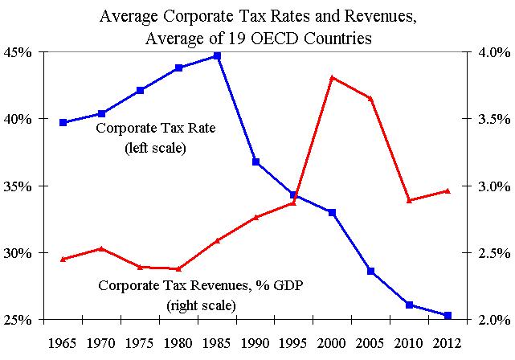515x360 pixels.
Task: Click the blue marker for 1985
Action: pos(217,56)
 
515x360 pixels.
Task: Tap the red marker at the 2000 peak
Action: pos(332,78)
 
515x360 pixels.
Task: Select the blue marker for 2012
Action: pos(448,315)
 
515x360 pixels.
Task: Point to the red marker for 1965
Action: pos(63,259)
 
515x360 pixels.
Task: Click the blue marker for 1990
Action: pos(255,162)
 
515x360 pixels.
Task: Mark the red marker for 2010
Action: pos(409,200)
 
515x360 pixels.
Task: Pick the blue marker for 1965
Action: pos(63,122)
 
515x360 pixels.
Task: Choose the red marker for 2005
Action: pos(370,98)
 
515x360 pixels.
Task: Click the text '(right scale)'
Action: pos(201,305)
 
